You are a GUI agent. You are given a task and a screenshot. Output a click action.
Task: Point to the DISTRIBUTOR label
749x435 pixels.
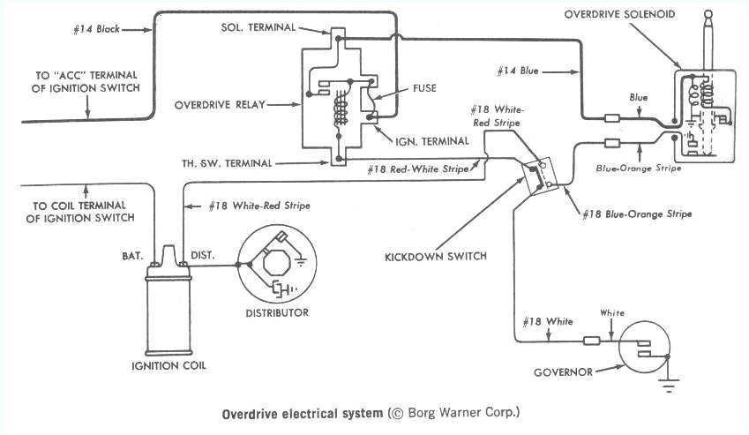click(x=278, y=312)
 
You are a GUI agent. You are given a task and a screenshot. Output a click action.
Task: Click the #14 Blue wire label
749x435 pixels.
click(x=522, y=69)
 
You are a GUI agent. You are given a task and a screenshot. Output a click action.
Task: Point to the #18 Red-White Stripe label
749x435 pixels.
click(x=409, y=168)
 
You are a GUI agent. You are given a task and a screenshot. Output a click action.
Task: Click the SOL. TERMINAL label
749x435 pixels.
click(x=259, y=27)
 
